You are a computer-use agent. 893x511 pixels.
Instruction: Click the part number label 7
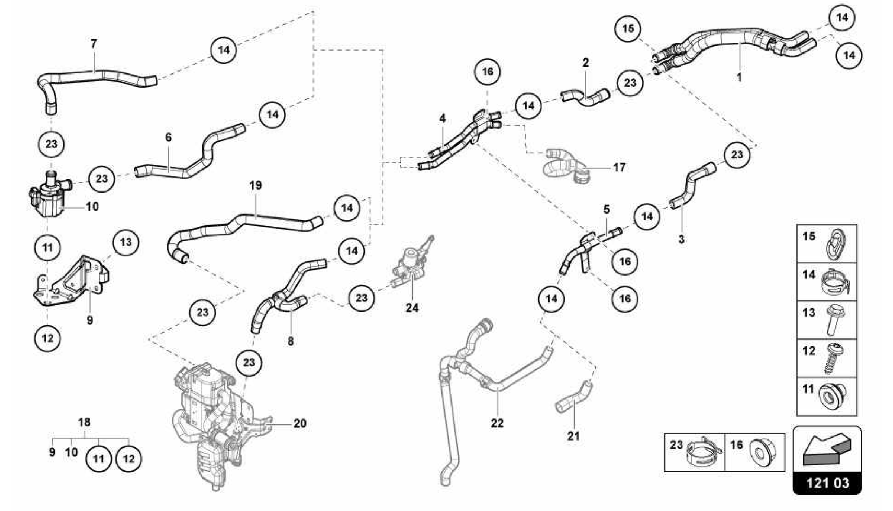click(94, 44)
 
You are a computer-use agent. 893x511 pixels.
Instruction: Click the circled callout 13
click(126, 242)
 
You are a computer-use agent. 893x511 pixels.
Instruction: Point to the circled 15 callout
click(628, 29)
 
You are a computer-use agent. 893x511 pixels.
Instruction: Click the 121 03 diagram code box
click(827, 483)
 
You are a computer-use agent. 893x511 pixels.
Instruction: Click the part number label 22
click(497, 423)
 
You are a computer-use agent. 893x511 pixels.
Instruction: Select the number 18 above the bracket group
click(84, 422)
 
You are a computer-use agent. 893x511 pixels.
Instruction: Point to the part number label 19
click(256, 185)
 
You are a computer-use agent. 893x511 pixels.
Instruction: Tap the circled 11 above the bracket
click(48, 248)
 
